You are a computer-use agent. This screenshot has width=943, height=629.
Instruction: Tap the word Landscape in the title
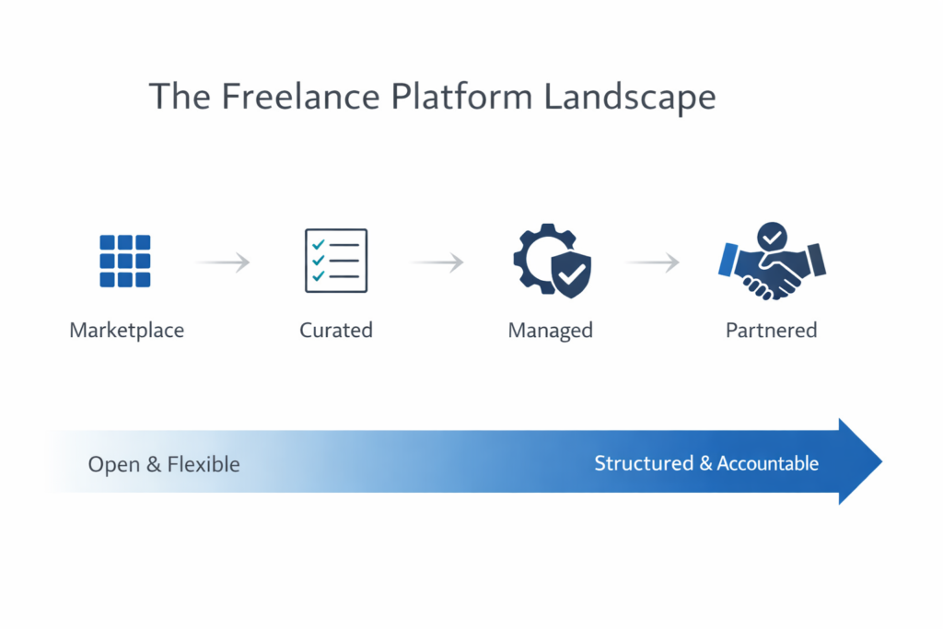[x=629, y=97]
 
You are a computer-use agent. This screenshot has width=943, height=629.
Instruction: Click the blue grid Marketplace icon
[x=125, y=262]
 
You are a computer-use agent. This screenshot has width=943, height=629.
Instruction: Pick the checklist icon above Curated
[x=336, y=261]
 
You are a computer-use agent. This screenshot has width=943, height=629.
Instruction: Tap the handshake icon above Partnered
[x=772, y=271]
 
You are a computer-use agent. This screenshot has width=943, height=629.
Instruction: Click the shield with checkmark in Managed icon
[x=571, y=274]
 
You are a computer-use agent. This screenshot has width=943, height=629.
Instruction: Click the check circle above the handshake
[x=772, y=237]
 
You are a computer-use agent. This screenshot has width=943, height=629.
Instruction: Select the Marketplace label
[x=127, y=330]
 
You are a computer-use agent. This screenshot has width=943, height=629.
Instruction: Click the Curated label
[x=336, y=330]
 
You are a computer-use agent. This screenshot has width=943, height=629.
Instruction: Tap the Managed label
[x=551, y=330]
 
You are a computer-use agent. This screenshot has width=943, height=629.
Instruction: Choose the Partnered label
[x=772, y=330]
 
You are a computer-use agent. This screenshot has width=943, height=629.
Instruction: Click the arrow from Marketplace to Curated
[x=223, y=262]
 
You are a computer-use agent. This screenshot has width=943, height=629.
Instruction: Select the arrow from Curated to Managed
[x=437, y=262]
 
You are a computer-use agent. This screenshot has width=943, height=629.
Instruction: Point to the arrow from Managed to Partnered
[x=653, y=262]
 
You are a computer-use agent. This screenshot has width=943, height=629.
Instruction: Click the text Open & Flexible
[x=164, y=464]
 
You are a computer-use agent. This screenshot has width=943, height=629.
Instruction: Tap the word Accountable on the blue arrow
[x=767, y=463]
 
